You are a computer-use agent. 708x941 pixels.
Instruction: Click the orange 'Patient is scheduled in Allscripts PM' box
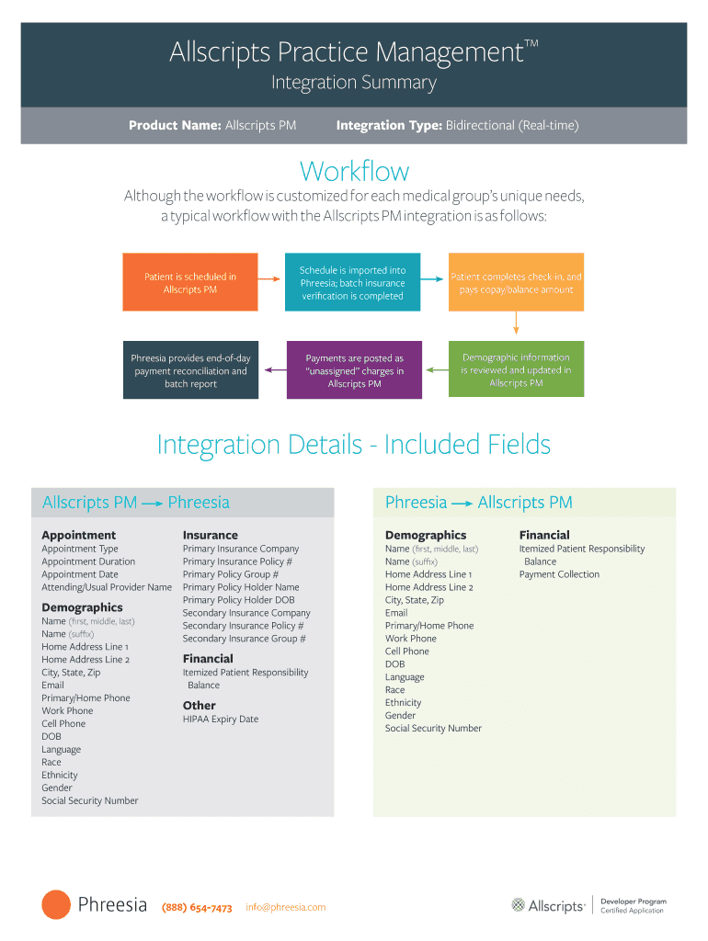tap(190, 283)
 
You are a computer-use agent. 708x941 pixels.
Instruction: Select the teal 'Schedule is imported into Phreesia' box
tap(352, 283)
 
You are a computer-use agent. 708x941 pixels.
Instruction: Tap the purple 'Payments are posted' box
tap(354, 370)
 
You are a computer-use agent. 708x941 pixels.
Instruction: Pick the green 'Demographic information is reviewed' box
tap(516, 370)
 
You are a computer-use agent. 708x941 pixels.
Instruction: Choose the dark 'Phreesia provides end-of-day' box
tap(190, 370)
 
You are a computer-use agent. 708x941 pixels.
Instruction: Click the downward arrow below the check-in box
tap(516, 323)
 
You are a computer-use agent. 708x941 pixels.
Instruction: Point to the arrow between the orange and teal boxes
tap(268, 277)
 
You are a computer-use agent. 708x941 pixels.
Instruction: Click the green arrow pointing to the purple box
tap(436, 369)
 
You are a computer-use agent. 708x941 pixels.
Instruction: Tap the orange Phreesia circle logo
tap(56, 905)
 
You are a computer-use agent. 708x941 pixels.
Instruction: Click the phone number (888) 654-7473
tap(197, 908)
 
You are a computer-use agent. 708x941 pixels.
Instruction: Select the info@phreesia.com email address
tap(285, 907)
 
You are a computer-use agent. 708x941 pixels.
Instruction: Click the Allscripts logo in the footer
tap(549, 906)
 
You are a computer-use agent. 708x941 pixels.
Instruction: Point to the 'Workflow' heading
tap(354, 172)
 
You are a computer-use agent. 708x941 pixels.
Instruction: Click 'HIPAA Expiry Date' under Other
tap(221, 720)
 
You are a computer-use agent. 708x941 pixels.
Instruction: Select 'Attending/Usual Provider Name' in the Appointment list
tap(107, 587)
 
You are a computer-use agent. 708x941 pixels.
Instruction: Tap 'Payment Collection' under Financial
tap(559, 574)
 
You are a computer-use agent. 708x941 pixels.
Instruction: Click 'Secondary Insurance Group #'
tap(244, 639)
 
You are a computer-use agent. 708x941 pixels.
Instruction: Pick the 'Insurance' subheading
tap(211, 535)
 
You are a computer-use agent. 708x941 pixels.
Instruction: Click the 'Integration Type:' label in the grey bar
tap(390, 125)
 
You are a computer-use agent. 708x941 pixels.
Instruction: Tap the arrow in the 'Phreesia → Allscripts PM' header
tap(462, 503)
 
